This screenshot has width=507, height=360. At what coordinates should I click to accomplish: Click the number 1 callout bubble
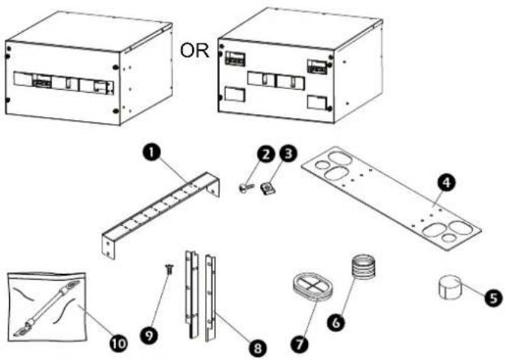click(152, 151)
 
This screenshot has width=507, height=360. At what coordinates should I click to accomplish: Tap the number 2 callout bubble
click(266, 154)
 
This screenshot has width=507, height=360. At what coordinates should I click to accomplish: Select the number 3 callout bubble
click(287, 153)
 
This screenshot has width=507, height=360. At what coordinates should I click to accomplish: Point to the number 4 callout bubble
click(446, 183)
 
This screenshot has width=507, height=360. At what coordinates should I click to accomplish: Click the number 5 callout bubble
click(493, 298)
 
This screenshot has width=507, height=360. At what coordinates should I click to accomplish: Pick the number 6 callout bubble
click(336, 322)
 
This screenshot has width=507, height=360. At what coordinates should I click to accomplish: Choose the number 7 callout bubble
click(300, 343)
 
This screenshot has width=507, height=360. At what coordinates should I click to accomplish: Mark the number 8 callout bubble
click(258, 348)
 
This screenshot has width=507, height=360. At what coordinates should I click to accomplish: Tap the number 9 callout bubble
click(149, 336)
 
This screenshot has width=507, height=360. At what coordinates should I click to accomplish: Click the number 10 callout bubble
click(118, 343)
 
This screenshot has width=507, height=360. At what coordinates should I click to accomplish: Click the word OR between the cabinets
click(194, 51)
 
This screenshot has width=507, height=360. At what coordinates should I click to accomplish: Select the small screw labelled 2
click(245, 187)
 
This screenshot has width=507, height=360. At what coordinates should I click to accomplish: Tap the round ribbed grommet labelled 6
click(364, 266)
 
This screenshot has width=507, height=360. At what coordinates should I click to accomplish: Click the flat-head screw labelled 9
click(168, 269)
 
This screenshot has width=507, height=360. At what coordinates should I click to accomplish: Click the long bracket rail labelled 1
click(161, 215)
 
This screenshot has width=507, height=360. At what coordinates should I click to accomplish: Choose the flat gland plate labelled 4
click(391, 198)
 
